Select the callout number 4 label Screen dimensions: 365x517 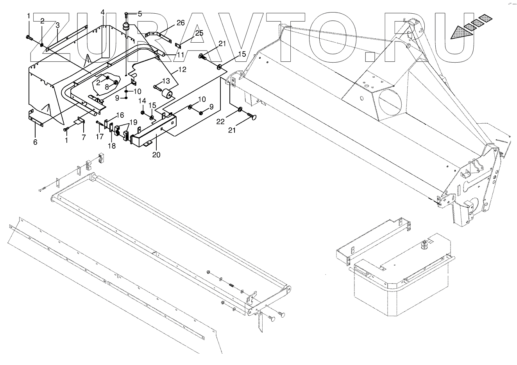click(x=102, y=13)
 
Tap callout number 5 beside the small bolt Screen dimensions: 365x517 click(x=140, y=14)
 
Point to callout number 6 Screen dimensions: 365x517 click(x=35, y=142)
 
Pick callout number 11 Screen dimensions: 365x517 click(x=180, y=55)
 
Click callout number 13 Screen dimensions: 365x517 click(x=166, y=81)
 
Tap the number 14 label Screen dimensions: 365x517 click(x=143, y=102)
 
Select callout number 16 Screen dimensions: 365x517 click(x=120, y=115)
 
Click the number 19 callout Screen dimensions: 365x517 click(x=133, y=121)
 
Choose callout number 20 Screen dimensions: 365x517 click(x=156, y=155)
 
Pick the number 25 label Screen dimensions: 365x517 click(x=199, y=33)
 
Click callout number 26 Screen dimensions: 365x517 click(x=180, y=23)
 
